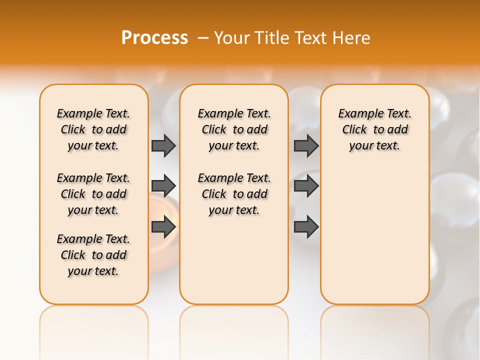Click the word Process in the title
tap(154, 38)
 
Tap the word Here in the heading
tap(352, 38)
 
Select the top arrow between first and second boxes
tap(163, 145)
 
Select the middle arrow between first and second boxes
tap(163, 186)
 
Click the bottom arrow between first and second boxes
tap(163, 227)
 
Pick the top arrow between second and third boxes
tap(306, 145)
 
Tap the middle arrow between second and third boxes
tap(306, 186)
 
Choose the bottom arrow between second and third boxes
tap(306, 227)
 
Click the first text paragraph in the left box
tap(93, 129)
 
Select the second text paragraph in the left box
tap(93, 194)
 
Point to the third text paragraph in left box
tap(93, 255)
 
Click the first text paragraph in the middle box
tap(234, 129)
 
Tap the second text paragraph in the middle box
tap(234, 194)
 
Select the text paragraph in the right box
tap(374, 129)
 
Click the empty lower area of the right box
tap(374, 235)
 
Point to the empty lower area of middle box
tap(234, 260)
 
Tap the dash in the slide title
tap(203, 38)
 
